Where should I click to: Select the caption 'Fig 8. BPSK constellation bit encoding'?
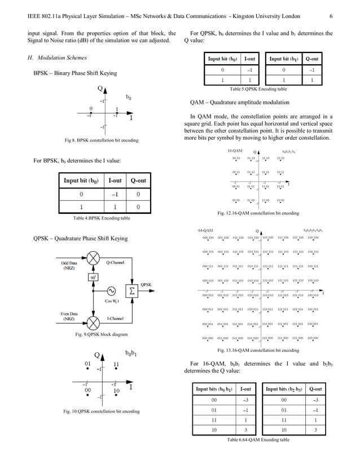99,140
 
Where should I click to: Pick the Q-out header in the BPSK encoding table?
138,181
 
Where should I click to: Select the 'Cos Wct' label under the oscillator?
112,302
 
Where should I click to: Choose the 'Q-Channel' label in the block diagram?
115,263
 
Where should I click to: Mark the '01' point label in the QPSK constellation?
88,364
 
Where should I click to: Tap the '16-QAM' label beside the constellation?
235,151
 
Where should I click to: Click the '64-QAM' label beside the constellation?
205,231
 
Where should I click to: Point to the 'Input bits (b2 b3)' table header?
284,389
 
